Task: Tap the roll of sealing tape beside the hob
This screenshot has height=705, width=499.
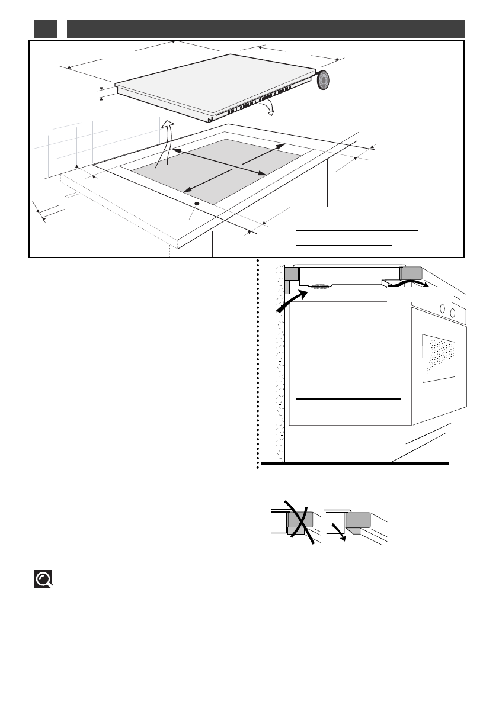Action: tap(324, 81)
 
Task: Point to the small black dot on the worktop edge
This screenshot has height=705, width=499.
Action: tap(196, 204)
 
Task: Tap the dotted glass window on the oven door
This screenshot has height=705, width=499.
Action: tap(439, 358)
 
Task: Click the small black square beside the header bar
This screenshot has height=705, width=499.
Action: tap(45, 29)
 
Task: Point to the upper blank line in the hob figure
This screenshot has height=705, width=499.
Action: tap(357, 229)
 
